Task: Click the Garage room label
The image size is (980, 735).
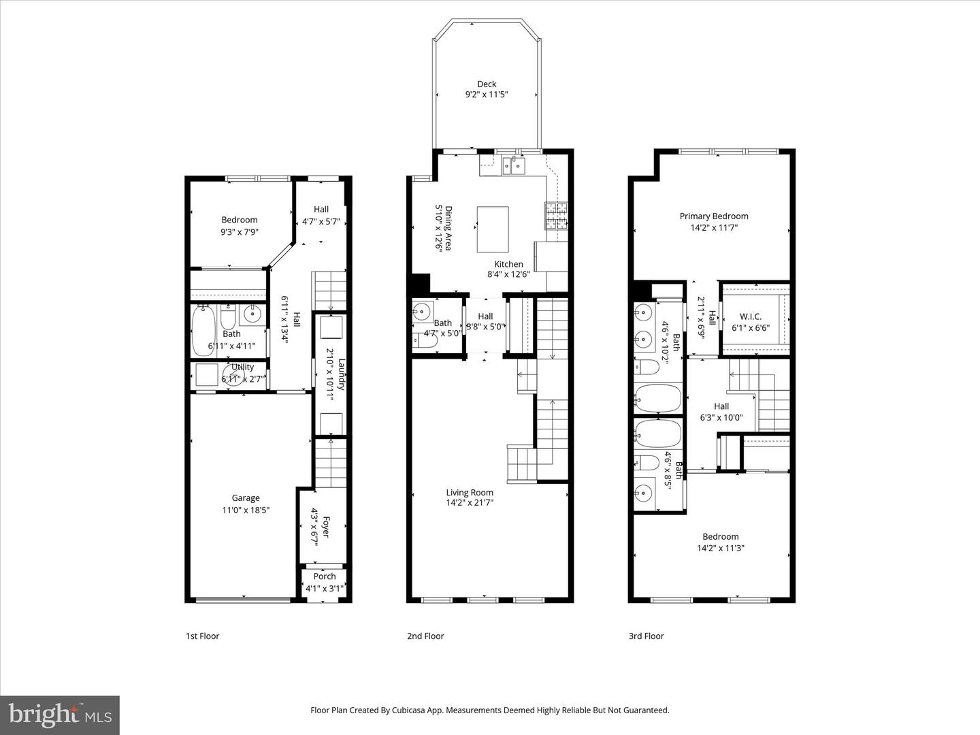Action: point(245,498)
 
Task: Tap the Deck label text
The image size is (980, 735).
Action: point(487,84)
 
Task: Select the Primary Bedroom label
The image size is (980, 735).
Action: point(714,216)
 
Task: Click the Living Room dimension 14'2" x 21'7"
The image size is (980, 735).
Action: point(470,504)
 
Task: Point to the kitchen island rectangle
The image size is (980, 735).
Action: point(493,229)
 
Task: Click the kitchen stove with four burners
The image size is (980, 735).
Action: point(555,216)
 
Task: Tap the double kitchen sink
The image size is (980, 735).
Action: point(514,164)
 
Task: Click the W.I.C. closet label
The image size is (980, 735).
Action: point(751,316)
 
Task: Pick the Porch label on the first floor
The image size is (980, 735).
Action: point(325,576)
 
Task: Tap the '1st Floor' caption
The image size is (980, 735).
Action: point(203,636)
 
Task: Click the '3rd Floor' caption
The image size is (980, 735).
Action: point(646,636)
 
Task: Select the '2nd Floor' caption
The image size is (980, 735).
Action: point(425,636)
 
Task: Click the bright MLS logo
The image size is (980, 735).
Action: point(60,715)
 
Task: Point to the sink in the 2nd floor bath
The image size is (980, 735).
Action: point(422,314)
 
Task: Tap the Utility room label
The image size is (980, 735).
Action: point(242,367)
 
